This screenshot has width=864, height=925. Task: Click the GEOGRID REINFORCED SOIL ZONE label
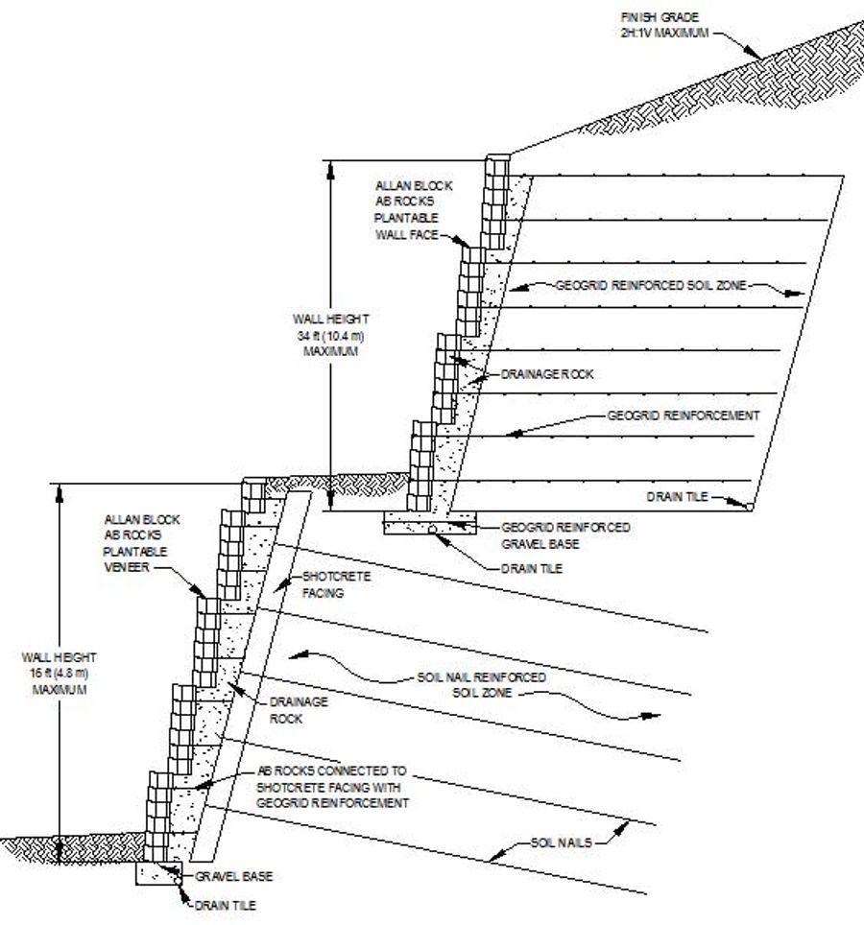coord(649,285)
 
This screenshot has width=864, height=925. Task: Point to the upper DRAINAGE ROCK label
coord(546,374)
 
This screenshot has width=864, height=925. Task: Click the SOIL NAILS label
coord(562,842)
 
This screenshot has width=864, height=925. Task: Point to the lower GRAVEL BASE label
coord(234,876)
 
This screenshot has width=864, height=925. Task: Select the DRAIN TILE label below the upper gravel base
coord(531,568)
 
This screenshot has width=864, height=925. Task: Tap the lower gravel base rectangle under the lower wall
coord(159,872)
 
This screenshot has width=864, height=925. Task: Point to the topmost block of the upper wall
coord(497,164)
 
